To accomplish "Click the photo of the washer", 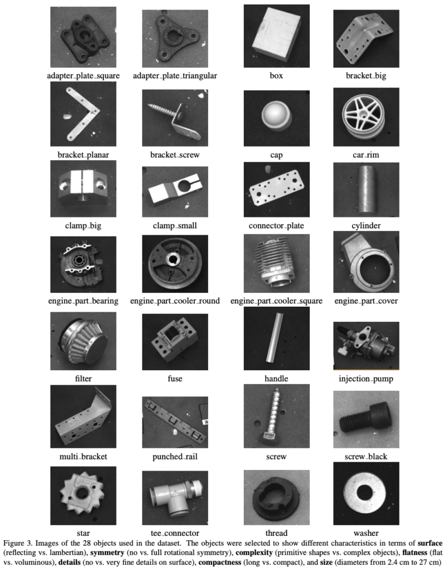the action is coord(366,493).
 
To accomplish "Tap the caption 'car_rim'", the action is coord(366,155).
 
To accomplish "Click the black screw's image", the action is coord(366,419).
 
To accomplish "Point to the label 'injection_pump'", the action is coord(366,379).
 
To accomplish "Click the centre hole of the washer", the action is coord(364,492).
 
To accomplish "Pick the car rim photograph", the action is coord(366,117).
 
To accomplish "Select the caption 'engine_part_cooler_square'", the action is coord(276,301).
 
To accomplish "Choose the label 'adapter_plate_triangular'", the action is coord(175,76).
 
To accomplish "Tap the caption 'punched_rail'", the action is coord(175,457).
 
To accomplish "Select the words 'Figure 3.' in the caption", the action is coord(18,543).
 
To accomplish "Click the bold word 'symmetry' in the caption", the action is coord(108,553).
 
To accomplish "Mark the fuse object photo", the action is coord(175,342).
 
